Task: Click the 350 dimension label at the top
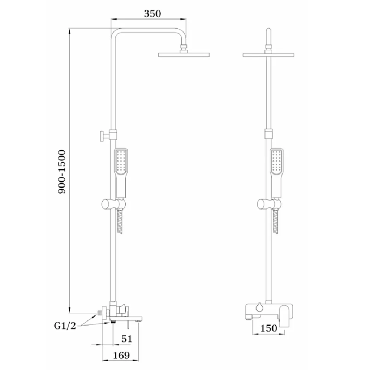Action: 152,14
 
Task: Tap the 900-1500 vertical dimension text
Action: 62,172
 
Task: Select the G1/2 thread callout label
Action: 65,326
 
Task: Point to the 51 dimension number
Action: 127,339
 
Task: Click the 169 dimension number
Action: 121,356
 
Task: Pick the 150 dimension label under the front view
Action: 268,328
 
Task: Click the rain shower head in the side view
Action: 184,55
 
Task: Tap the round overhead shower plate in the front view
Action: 268,55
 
